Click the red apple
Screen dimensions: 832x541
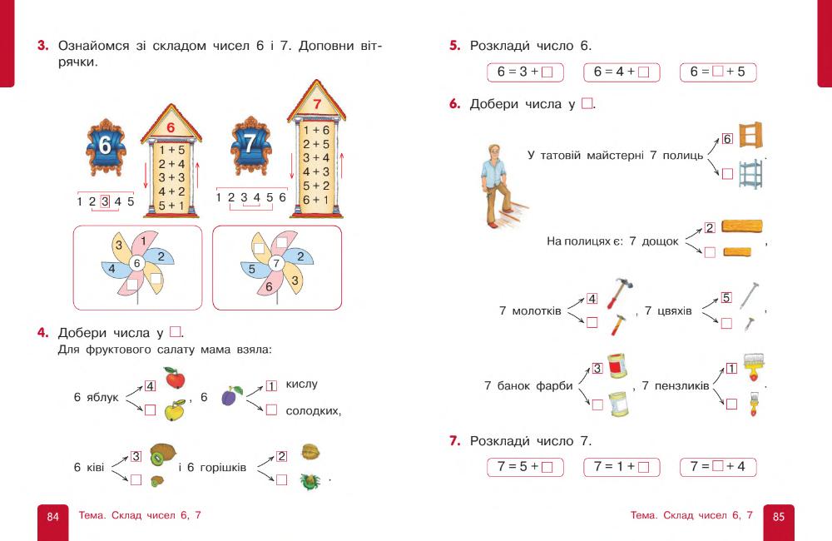click(x=175, y=380)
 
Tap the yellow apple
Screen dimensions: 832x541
click(x=175, y=409)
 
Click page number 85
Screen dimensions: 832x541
click(x=779, y=517)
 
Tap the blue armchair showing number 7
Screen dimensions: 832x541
click(x=249, y=144)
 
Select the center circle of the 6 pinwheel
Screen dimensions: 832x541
click(x=137, y=264)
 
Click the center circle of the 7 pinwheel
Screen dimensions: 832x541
click(x=277, y=264)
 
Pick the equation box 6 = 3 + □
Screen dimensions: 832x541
click(x=525, y=72)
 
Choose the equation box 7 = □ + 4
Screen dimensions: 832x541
click(x=718, y=467)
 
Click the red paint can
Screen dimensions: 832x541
click(x=616, y=366)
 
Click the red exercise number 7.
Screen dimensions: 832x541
click(x=454, y=441)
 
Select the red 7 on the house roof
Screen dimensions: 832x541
click(x=316, y=105)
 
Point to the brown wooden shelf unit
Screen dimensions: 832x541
click(x=750, y=135)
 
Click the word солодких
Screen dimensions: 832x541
click(x=313, y=411)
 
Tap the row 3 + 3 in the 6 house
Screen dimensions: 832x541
click(x=171, y=177)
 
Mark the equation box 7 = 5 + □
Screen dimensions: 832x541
click(x=525, y=467)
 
